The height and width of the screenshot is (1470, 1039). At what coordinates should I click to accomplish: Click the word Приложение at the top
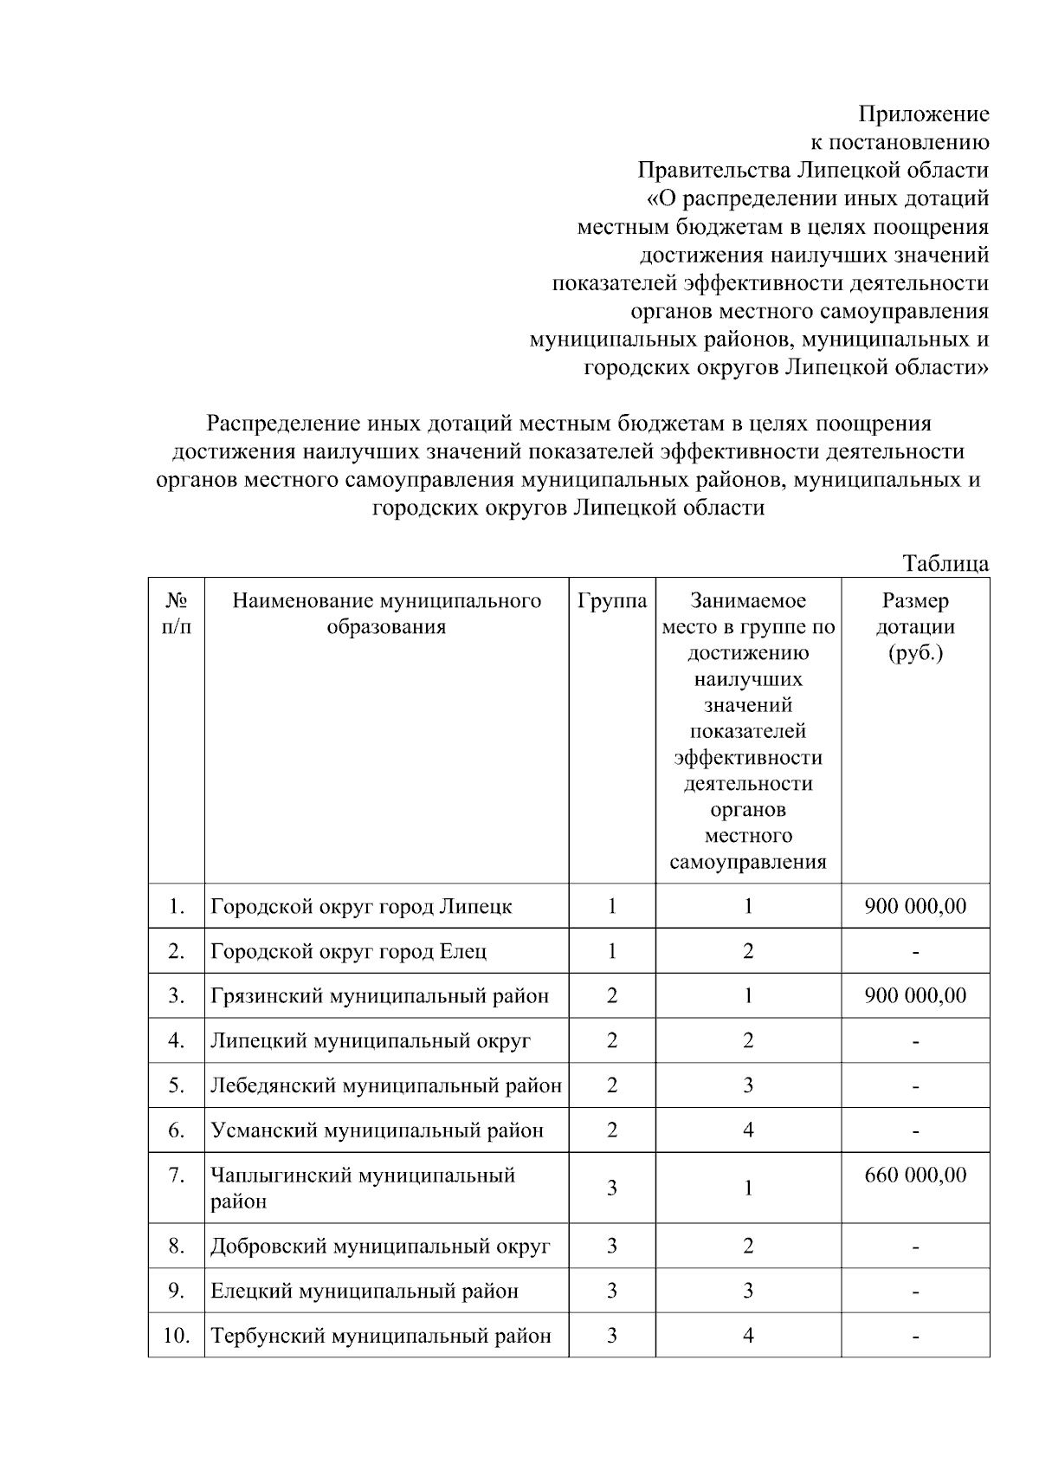[923, 113]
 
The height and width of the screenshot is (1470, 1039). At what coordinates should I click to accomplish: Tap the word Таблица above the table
[945, 563]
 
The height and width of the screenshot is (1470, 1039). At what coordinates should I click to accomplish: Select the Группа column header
[611, 601]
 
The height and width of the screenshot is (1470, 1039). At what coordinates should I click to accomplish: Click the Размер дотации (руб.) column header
[915, 626]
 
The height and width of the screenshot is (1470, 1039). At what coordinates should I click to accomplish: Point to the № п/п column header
[176, 613]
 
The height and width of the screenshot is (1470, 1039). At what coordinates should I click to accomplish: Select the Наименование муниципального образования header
[386, 613]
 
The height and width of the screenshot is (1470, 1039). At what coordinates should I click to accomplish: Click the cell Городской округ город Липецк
[361, 907]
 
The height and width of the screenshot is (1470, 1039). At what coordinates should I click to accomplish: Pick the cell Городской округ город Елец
[348, 951]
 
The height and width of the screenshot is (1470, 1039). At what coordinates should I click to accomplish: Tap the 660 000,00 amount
[915, 1175]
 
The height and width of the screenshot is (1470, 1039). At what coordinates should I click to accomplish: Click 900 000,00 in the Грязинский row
[915, 996]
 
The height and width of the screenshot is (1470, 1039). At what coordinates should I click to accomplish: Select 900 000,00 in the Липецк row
[915, 907]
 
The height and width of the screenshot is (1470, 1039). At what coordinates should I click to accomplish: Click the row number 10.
[176, 1336]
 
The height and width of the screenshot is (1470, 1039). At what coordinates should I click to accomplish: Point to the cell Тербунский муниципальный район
[381, 1336]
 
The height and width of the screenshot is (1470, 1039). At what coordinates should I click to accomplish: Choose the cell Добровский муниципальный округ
[380, 1247]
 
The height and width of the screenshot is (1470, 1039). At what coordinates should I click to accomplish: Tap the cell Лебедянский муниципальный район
[386, 1085]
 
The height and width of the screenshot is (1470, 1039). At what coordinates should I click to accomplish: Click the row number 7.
[176, 1175]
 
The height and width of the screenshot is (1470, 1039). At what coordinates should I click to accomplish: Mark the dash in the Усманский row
[915, 1131]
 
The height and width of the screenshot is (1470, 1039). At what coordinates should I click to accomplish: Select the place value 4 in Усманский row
[748, 1130]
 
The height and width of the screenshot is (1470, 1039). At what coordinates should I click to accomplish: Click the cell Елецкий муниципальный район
[365, 1292]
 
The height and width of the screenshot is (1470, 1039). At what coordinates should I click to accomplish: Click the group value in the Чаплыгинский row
[611, 1188]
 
